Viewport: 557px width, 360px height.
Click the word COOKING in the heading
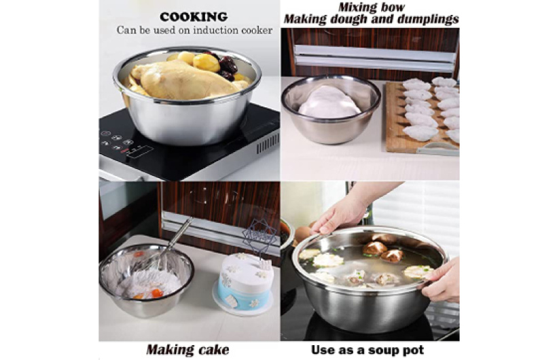coord(194,17)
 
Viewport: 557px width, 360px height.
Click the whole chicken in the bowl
coord(185,80)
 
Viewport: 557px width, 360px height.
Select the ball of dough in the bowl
coord(329,103)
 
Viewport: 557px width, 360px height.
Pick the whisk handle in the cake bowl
coord(179,234)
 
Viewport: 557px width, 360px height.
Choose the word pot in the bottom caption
coord(414,350)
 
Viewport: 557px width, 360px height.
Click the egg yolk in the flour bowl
coord(157,293)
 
